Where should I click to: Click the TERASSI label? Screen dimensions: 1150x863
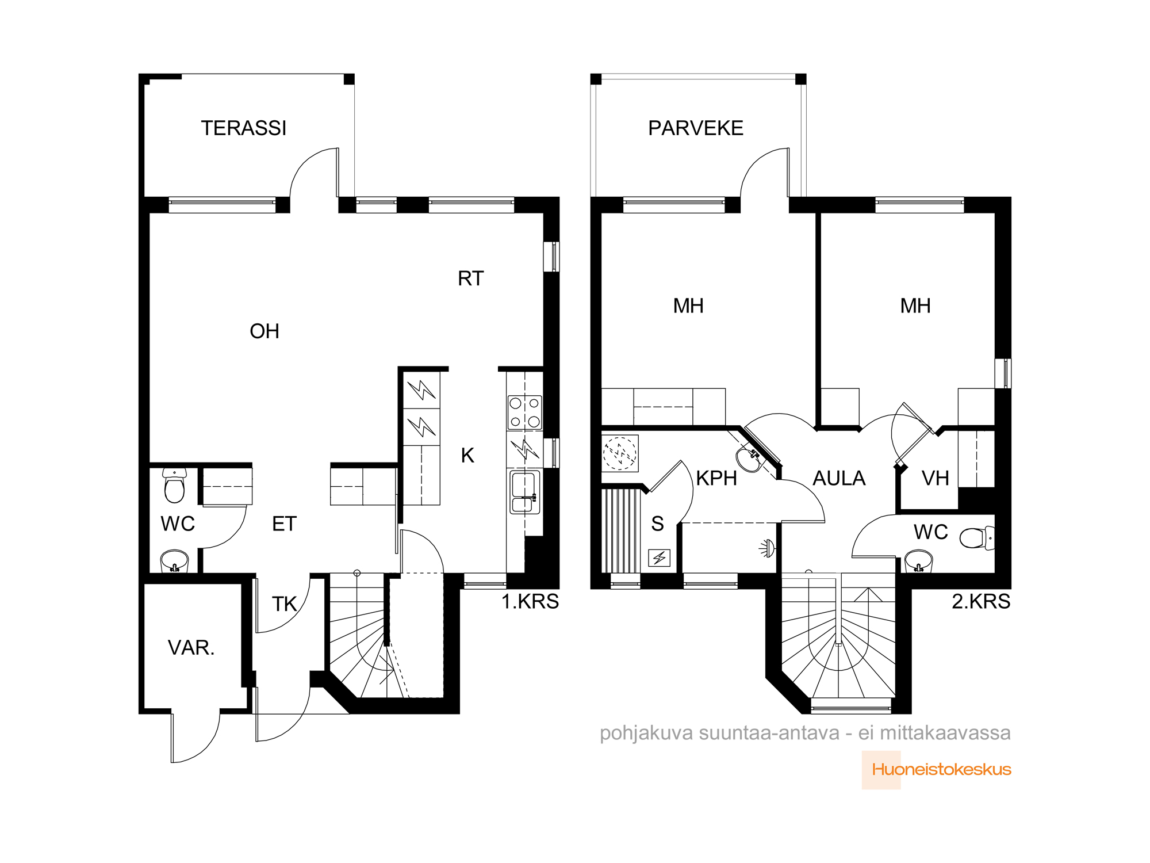tap(243, 128)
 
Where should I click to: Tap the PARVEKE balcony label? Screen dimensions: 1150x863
tap(696, 128)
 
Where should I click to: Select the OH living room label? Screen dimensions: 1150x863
tap(264, 331)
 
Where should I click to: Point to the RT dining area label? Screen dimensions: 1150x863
tap(471, 278)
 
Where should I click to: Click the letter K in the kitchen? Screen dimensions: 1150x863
tap(467, 456)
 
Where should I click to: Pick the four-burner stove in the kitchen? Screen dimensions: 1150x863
tap(524, 412)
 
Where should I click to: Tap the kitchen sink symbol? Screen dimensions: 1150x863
tap(524, 492)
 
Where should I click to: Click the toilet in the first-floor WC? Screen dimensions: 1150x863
tap(174, 486)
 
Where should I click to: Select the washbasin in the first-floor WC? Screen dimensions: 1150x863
tap(174, 560)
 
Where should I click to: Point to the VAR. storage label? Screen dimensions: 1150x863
tap(191, 648)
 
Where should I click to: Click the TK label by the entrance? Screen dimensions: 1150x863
tap(284, 604)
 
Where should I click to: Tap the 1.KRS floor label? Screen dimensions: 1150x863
tap(530, 601)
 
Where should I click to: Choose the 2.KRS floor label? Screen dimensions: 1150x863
tap(981, 601)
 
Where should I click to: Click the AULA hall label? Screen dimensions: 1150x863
tap(839, 478)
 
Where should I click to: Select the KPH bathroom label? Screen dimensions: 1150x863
tap(716, 478)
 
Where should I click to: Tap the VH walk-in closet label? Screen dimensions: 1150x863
tap(936, 478)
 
